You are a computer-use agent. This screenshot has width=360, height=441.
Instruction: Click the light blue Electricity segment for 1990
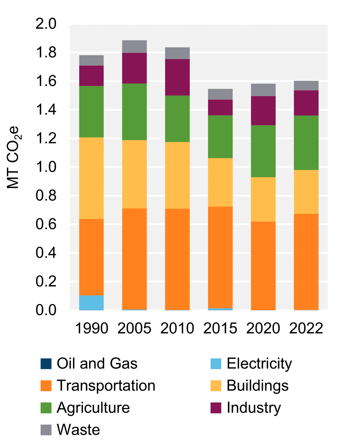[91, 302]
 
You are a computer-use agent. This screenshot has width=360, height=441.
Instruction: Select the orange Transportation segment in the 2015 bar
[220, 257]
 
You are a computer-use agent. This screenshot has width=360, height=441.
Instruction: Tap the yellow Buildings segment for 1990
[91, 178]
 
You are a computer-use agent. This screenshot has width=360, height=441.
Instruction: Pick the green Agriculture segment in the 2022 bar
[306, 143]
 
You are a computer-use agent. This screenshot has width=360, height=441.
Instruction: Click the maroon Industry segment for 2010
[177, 77]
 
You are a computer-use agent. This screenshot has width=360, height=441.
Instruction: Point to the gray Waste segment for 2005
[134, 46]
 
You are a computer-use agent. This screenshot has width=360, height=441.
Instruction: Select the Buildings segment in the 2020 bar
[263, 199]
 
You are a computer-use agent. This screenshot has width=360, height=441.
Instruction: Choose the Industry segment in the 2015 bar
[220, 107]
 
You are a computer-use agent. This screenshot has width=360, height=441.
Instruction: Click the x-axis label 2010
[177, 328]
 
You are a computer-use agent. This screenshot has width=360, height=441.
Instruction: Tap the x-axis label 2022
[306, 328]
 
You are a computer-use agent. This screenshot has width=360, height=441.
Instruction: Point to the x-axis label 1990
[91, 328]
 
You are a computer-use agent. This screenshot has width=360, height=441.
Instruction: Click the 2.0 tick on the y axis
[46, 24]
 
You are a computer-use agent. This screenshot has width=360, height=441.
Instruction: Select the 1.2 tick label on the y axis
[46, 139]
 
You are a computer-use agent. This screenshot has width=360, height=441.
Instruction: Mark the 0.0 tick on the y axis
[46, 310]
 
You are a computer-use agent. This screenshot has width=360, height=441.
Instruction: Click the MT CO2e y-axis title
[13, 157]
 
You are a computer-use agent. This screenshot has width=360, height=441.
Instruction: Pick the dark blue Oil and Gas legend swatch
[46, 364]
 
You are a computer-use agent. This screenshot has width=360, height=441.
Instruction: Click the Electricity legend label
[259, 364]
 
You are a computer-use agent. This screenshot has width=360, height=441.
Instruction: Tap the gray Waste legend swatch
[46, 430]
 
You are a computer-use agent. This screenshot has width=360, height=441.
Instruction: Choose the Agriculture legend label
[93, 408]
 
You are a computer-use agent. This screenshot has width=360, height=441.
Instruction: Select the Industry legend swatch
[216, 408]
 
